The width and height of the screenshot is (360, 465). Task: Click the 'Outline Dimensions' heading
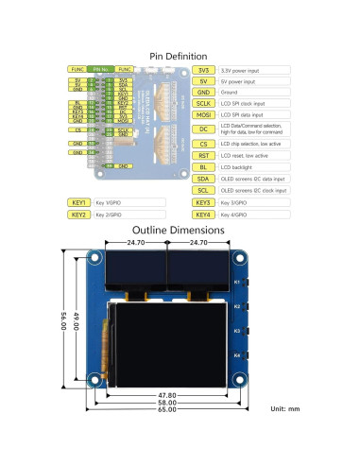(x=180, y=230)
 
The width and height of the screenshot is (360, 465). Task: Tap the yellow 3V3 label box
(x=203, y=71)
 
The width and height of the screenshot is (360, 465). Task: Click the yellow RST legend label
(x=203, y=154)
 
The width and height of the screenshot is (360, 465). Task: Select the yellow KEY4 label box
(x=203, y=215)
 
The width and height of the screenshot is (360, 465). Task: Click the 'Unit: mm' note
(x=283, y=408)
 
